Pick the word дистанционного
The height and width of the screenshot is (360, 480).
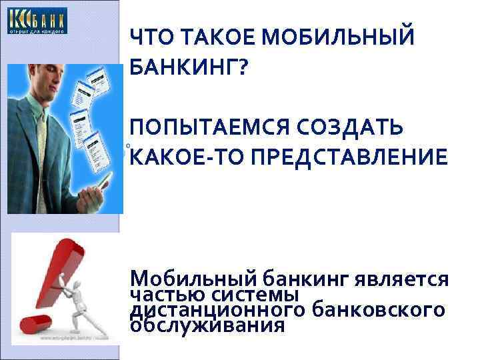coord(218,310)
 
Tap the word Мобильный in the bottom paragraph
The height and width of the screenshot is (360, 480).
coord(194,279)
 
